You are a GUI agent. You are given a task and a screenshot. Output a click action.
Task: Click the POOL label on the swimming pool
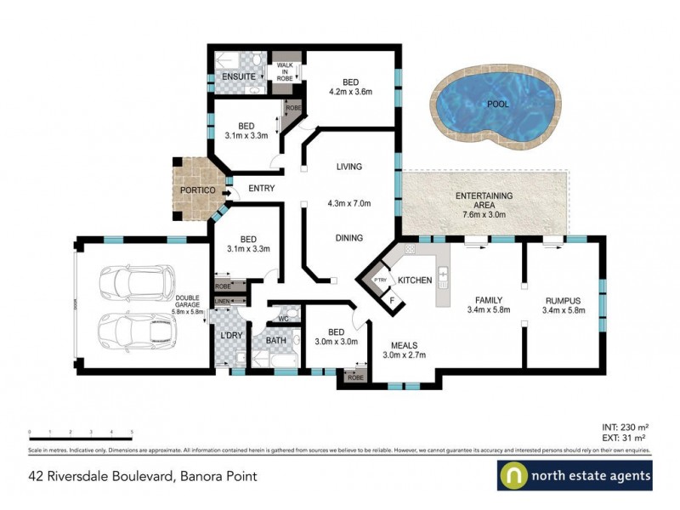pos(498,104)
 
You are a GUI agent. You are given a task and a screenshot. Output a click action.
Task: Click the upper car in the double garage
pos(137,284)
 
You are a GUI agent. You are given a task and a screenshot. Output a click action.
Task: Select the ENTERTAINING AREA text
pos(484,200)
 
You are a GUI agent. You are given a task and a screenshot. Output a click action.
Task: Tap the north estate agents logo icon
pos(513,476)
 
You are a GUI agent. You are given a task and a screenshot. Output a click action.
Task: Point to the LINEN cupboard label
pos(223,301)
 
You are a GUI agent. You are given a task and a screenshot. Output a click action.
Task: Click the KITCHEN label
pos(416,280)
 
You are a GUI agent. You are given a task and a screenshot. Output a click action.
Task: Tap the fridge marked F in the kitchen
pos(392,299)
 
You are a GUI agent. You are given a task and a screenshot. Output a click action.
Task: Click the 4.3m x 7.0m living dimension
pos(350,204)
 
